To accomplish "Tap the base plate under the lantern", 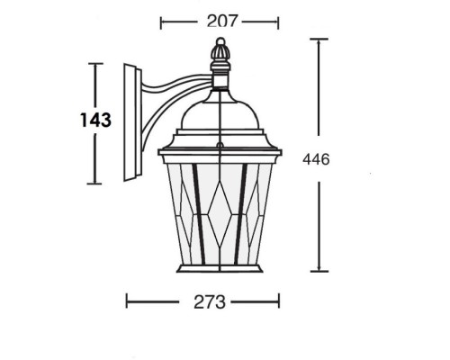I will (x=219, y=269).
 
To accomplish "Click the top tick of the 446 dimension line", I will (x=318, y=40).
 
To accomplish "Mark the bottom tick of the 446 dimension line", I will (x=318, y=271).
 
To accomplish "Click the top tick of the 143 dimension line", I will (x=95, y=64).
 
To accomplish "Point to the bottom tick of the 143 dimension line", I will (x=95, y=184).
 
